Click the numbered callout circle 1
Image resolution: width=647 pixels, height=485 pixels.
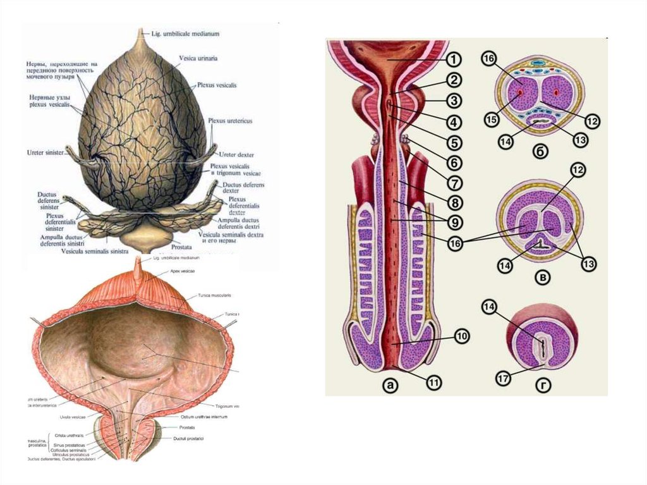[x=454, y=60]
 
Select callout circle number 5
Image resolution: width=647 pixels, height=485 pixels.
[x=454, y=141]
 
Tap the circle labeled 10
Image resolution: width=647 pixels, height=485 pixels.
[x=461, y=338]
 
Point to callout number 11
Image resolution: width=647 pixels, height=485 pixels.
[x=434, y=382]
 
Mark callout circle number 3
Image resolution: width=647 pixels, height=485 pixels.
[x=454, y=101]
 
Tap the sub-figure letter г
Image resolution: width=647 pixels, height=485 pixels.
[x=542, y=384]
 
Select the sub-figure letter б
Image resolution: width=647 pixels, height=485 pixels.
[x=542, y=152]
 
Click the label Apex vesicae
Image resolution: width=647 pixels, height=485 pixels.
[x=182, y=271]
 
